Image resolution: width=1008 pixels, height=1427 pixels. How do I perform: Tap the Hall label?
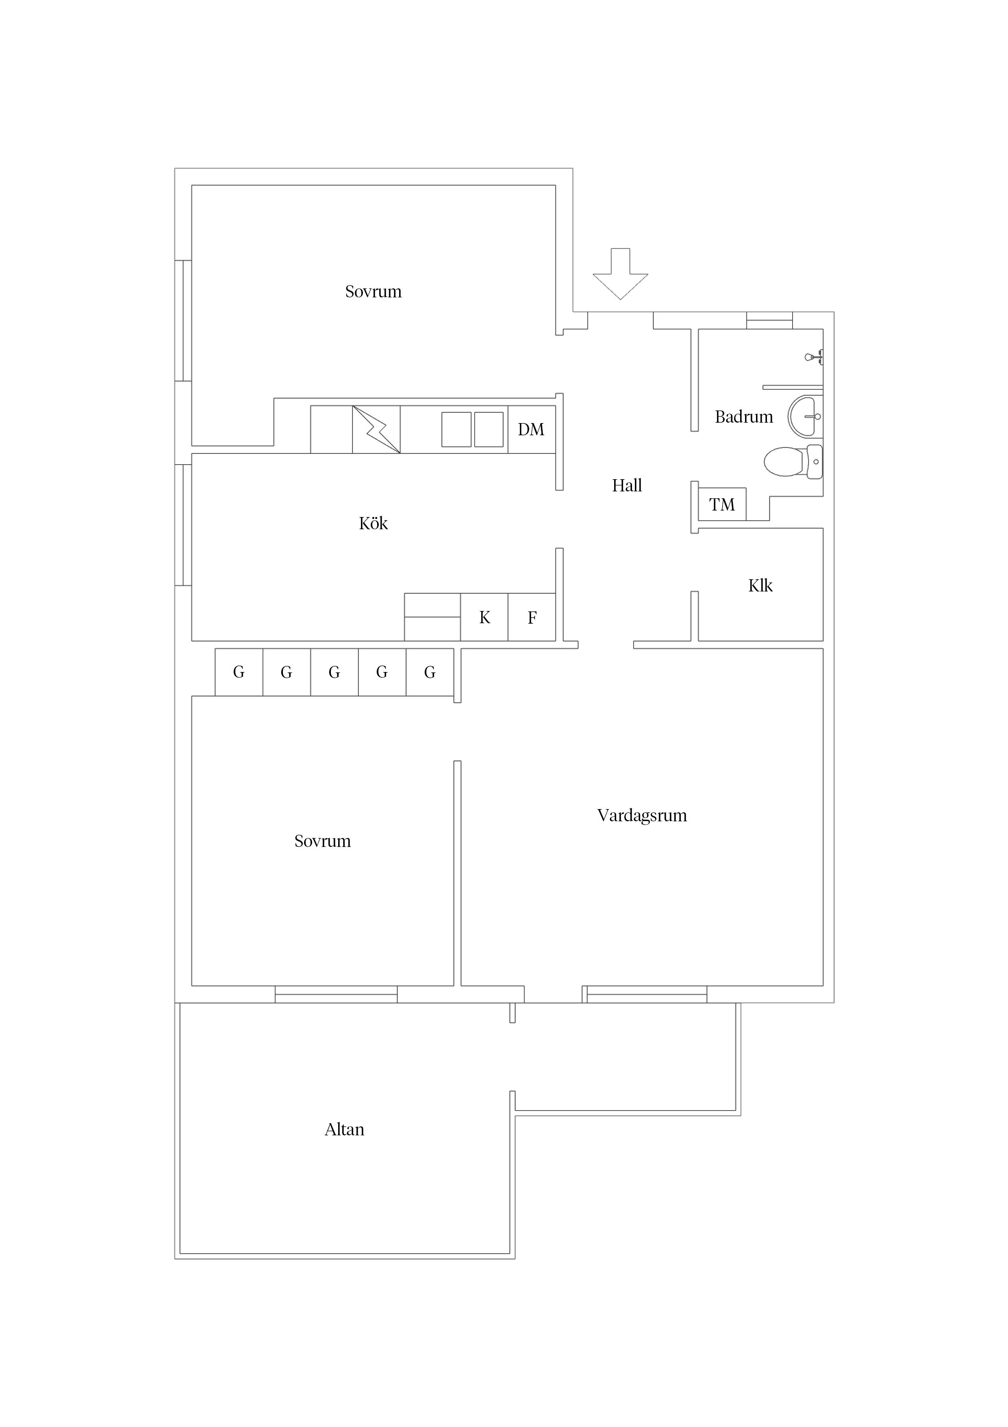tap(627, 485)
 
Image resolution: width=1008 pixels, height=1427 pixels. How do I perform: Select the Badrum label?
tap(743, 417)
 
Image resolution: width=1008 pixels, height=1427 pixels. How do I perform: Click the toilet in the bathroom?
tap(793, 462)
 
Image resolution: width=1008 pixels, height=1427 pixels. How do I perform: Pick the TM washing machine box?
tap(722, 504)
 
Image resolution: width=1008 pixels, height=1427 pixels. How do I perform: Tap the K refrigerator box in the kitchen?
tap(484, 617)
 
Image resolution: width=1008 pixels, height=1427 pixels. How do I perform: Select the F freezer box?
tap(532, 617)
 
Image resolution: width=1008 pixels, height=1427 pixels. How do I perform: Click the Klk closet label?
tap(760, 585)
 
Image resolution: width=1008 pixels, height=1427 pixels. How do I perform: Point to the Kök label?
tap(373, 523)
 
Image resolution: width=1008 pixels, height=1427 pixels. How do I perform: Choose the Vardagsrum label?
tap(642, 816)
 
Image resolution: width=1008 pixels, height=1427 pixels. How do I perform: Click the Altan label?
tap(344, 1129)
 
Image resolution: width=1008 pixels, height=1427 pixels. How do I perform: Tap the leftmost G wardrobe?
tap(239, 672)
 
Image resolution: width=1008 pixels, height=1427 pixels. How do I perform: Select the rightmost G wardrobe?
tap(430, 672)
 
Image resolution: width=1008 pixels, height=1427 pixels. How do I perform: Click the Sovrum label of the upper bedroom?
tap(373, 292)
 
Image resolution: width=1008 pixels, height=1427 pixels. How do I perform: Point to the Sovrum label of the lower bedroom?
tap(322, 841)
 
